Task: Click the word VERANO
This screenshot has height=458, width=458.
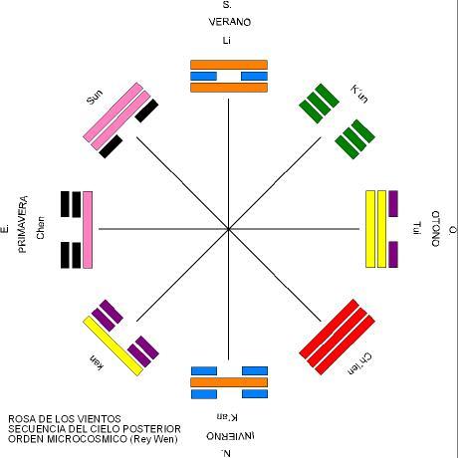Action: tap(230, 22)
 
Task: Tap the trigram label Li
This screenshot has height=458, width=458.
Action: tap(227, 41)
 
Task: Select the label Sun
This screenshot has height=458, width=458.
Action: tap(95, 98)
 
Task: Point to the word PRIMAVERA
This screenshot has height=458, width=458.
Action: tap(23, 224)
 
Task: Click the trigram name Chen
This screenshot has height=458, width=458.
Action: tap(40, 228)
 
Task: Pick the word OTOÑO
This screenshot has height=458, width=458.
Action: tap(436, 229)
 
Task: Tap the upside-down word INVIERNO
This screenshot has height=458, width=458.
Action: tap(230, 436)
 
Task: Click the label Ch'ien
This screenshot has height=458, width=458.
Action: tap(359, 363)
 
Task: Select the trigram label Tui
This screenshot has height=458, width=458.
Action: tap(416, 228)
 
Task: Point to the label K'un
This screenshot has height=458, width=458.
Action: tap(359, 94)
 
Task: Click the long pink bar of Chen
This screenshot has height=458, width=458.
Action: tap(88, 230)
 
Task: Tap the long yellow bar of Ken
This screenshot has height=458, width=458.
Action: tap(113, 345)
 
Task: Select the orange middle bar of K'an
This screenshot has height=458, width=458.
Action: tap(229, 382)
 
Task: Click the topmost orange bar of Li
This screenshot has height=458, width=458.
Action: tap(229, 65)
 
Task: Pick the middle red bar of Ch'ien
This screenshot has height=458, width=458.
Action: tap(338, 338)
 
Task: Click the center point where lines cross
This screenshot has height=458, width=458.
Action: tap(228, 229)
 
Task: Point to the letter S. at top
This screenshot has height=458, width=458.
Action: tap(227, 5)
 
